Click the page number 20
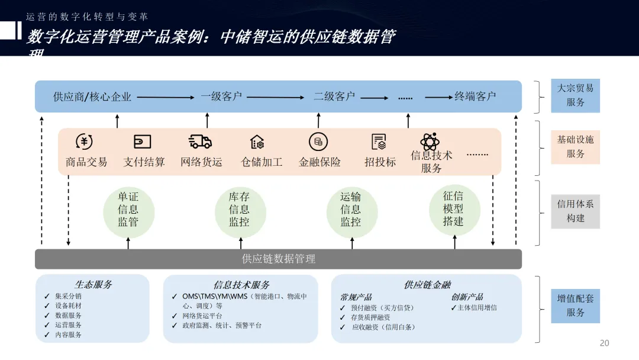click(604, 343)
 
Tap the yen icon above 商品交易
click(85, 142)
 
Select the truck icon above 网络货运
click(200, 142)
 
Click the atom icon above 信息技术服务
click(430, 142)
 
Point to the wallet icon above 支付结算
click(142, 142)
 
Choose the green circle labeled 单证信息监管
click(128, 210)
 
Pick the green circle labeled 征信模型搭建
click(454, 209)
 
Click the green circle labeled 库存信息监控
click(240, 210)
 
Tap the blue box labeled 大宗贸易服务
click(575, 95)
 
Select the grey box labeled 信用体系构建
click(575, 211)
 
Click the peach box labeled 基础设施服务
click(575, 147)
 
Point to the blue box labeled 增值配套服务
click(575, 306)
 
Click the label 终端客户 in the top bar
click(475, 97)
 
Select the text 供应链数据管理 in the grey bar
click(279, 259)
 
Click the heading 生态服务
click(93, 284)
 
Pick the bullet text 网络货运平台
click(202, 316)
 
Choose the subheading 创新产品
click(467, 297)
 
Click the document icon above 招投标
click(379, 142)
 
